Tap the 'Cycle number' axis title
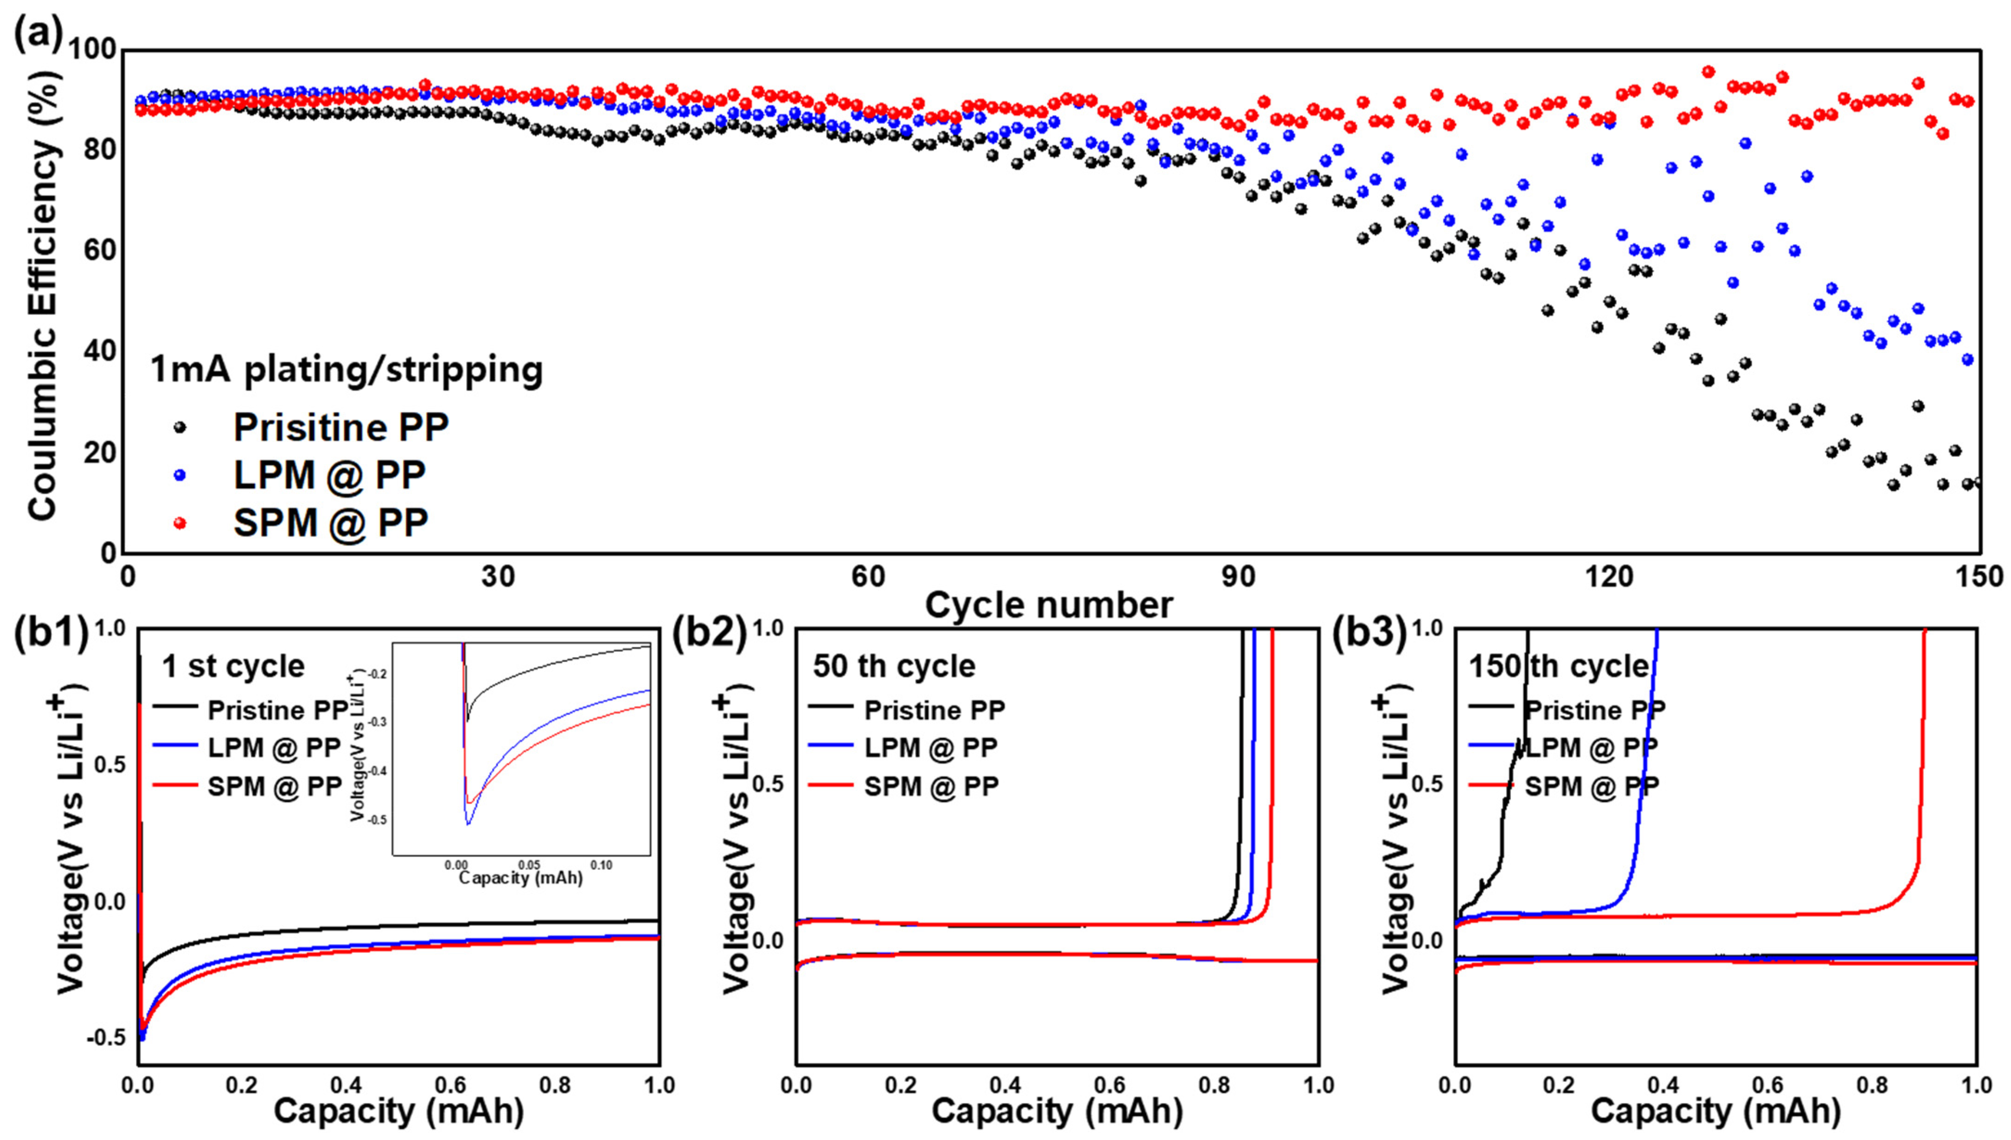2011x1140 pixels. coord(1049,605)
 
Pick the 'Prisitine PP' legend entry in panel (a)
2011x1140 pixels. coord(340,427)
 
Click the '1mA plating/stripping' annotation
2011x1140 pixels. coord(346,369)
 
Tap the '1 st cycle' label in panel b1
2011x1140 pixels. coord(233,666)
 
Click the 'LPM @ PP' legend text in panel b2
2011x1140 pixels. coord(930,748)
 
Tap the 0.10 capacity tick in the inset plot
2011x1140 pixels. coord(601,865)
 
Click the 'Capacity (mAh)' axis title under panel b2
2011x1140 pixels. coord(1057,1112)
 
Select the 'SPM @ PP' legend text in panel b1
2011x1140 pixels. coord(275,786)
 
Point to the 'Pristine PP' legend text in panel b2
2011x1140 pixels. coord(934,710)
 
